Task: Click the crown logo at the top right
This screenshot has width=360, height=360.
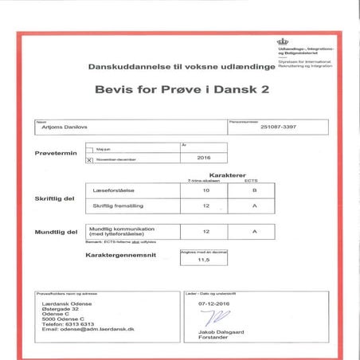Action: pos(282,43)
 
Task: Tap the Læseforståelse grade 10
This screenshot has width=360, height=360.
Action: pos(205,191)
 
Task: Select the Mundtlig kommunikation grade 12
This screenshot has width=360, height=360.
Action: pos(205,231)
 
